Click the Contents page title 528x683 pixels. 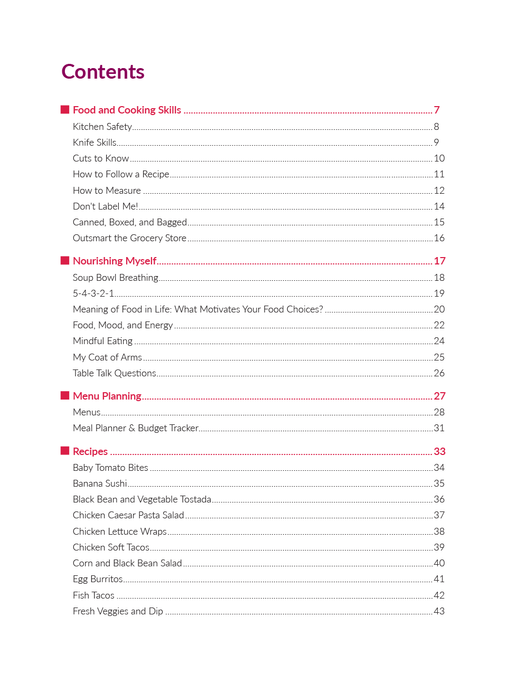[x=103, y=72]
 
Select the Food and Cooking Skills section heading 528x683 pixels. [x=127, y=110]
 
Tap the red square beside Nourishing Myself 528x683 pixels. [x=65, y=260]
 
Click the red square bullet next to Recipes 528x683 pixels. [x=65, y=450]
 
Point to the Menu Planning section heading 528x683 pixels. [x=107, y=396]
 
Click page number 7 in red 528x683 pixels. [x=437, y=110]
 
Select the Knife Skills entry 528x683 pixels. [x=95, y=143]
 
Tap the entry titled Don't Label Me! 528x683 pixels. [x=106, y=206]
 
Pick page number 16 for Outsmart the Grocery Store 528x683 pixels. [x=439, y=238]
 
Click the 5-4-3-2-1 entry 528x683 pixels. [x=93, y=293]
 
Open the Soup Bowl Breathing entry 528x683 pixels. [x=116, y=278]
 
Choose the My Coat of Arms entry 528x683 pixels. [x=107, y=357]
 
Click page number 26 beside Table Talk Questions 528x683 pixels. [x=439, y=373]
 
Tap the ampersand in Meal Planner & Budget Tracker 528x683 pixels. [x=132, y=428]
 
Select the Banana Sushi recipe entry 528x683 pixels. [x=100, y=483]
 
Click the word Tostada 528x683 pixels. [x=196, y=499]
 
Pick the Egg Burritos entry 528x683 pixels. [x=98, y=579]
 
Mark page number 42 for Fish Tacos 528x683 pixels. [x=439, y=595]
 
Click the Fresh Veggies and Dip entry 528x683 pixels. [x=118, y=611]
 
